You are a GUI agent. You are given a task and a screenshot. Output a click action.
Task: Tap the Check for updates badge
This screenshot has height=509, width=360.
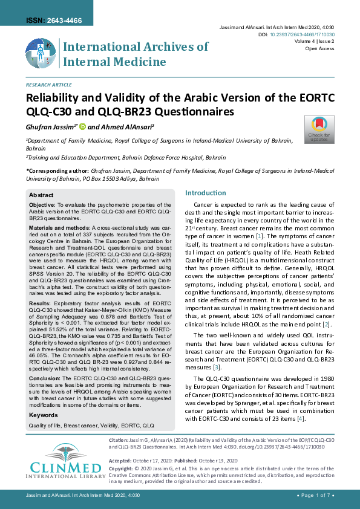[319, 129]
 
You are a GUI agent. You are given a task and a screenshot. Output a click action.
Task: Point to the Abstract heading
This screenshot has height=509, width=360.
[42, 195]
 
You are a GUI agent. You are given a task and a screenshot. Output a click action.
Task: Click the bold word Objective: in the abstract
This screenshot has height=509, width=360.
[42, 206]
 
